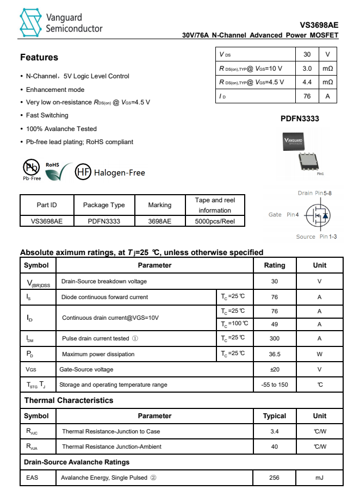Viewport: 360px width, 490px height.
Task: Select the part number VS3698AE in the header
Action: coord(319,25)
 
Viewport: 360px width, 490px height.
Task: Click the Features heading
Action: coord(39,57)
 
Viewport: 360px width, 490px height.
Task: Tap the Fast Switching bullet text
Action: coord(47,115)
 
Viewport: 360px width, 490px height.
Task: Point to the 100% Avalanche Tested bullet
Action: coord(61,129)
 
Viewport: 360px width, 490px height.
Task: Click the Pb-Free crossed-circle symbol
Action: coord(31,168)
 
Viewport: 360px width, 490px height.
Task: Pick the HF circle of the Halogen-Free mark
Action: coord(83,172)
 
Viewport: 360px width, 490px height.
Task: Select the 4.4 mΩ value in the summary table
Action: coord(307,82)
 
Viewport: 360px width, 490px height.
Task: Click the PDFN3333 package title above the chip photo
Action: coord(300,119)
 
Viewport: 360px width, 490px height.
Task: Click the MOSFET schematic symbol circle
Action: coord(318,216)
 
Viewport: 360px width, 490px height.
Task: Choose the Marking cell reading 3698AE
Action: coord(159,221)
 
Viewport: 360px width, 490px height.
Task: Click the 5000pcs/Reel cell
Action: coord(215,221)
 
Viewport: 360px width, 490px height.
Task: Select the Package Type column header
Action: coord(104,205)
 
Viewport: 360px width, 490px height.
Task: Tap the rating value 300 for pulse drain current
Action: coord(274,338)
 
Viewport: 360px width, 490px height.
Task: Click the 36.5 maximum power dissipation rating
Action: coord(274,354)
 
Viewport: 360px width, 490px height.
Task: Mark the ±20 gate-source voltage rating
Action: coord(274,369)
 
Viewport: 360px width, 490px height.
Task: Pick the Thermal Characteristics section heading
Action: coord(69,400)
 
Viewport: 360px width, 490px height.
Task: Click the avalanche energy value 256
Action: coord(274,477)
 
